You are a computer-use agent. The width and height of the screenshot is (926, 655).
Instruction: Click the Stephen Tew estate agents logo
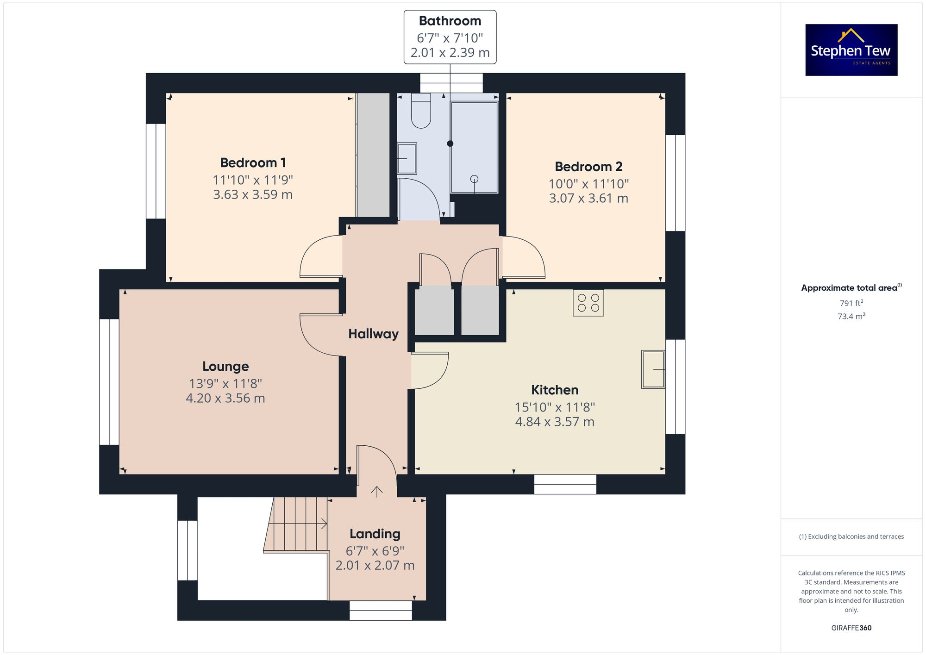tap(851, 50)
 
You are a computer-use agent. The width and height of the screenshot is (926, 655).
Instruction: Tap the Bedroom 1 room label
tap(253, 163)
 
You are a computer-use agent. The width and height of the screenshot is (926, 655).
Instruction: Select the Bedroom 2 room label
tap(588, 167)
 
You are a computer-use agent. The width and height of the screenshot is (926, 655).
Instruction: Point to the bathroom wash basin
tap(407, 158)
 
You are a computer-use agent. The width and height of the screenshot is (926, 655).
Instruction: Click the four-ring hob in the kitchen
tap(588, 303)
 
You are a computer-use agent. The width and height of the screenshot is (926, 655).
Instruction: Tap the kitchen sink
tap(652, 369)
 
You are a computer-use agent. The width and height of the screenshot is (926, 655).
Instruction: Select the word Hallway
tap(373, 334)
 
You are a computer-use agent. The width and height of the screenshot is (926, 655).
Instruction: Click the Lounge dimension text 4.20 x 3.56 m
tap(225, 398)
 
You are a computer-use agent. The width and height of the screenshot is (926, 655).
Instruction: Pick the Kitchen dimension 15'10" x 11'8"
tap(555, 407)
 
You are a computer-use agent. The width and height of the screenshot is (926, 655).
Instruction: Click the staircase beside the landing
tap(296, 524)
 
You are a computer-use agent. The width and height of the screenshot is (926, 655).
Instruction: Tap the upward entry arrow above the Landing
tap(377, 492)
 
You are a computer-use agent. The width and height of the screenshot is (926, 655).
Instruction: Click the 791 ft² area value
tap(851, 304)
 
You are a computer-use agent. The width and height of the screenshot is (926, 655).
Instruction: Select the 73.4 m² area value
tap(851, 317)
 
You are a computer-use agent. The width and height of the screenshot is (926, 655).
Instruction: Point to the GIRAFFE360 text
tap(851, 628)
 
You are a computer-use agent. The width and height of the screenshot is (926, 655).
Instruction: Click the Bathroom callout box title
tap(450, 21)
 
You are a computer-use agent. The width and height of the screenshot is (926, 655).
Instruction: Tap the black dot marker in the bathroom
tap(450, 143)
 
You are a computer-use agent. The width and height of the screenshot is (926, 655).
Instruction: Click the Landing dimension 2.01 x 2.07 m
tap(375, 566)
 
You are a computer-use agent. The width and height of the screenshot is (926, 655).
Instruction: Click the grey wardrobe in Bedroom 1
tap(373, 155)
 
